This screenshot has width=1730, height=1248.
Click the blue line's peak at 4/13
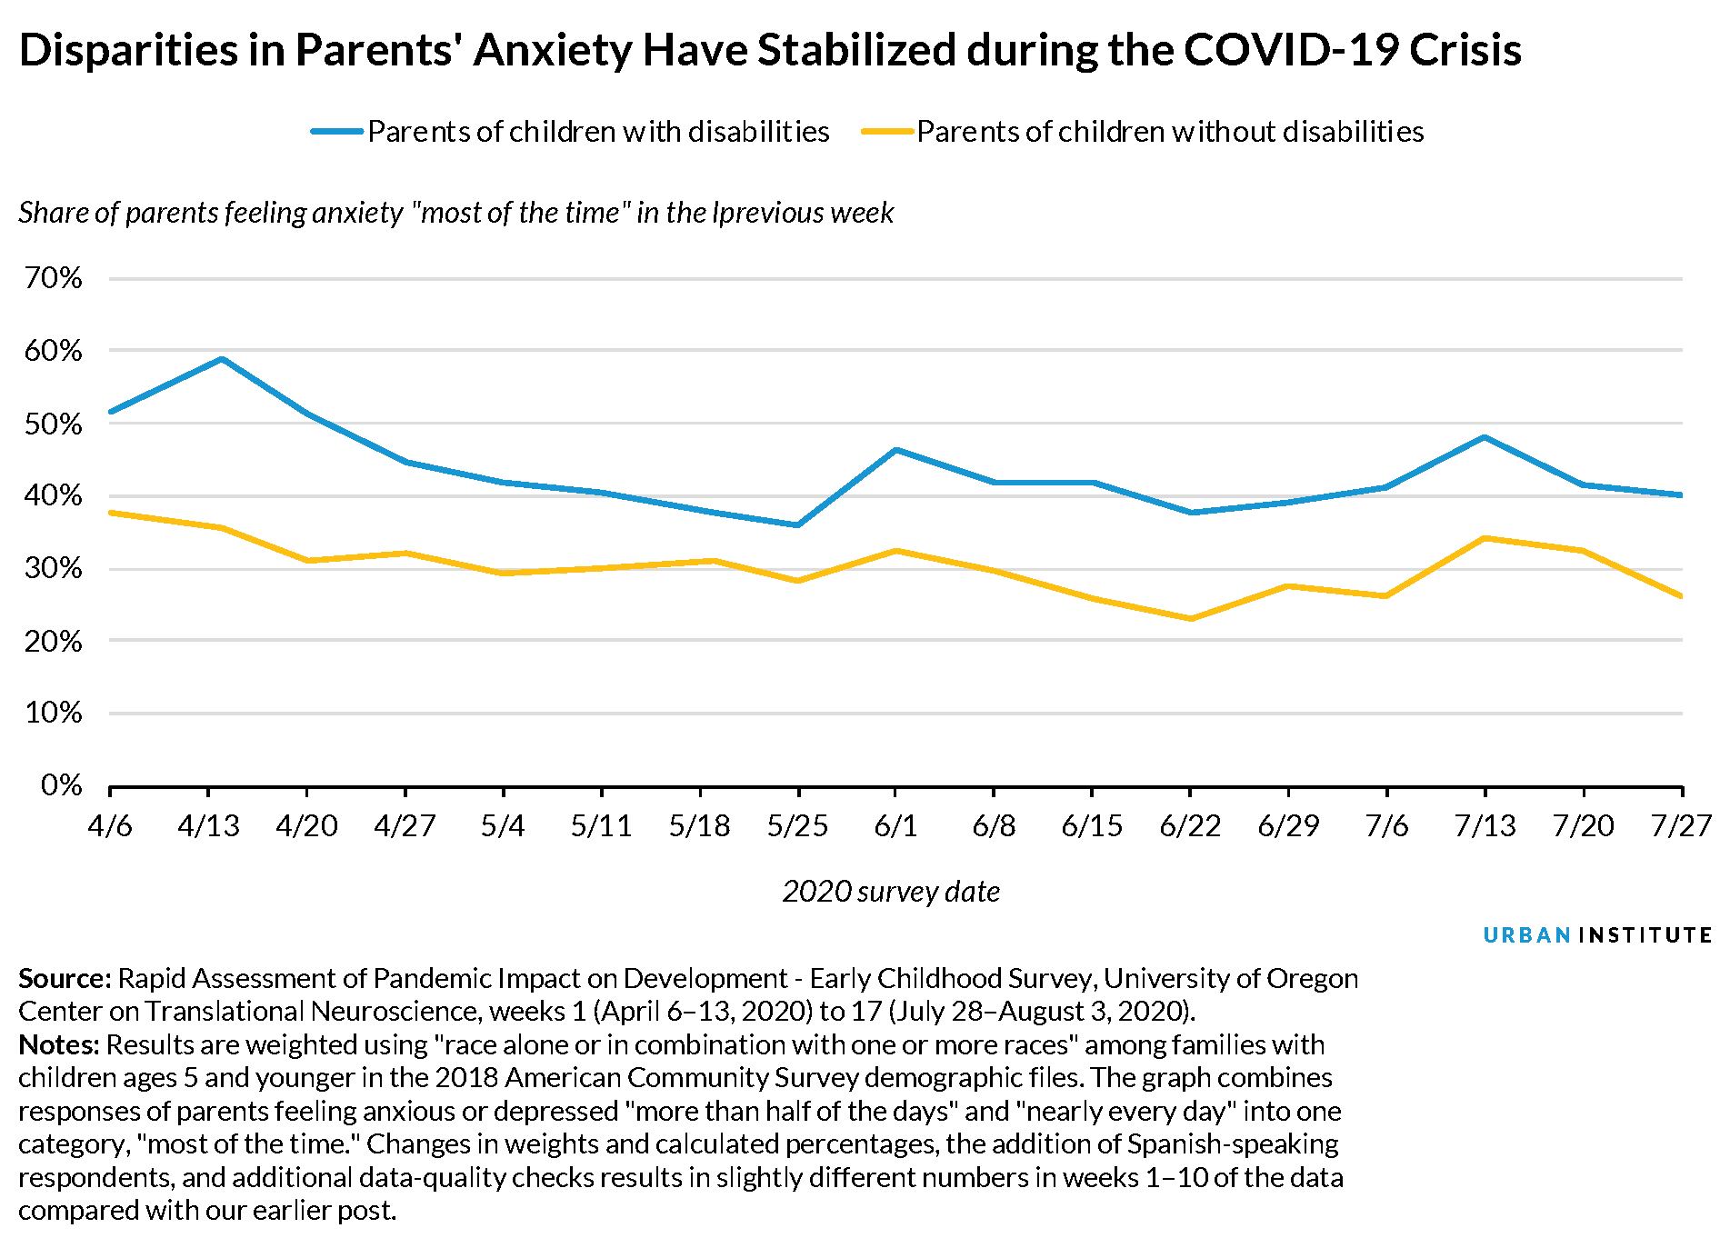(x=222, y=359)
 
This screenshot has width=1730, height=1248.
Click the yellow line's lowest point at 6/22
(x=1191, y=618)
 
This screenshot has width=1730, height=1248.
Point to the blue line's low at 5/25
(x=797, y=524)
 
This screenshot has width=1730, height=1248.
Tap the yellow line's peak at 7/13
(x=1485, y=538)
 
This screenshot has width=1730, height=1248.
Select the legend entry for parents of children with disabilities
(x=570, y=132)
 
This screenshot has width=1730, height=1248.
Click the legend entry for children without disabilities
(x=1143, y=132)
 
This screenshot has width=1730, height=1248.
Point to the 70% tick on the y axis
(x=54, y=278)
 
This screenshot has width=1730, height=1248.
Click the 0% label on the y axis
(x=61, y=785)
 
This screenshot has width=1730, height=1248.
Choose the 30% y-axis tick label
(x=54, y=569)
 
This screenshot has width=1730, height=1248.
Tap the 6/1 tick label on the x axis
(x=895, y=825)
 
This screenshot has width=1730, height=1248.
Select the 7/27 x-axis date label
(x=1680, y=825)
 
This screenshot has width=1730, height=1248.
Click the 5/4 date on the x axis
(x=503, y=825)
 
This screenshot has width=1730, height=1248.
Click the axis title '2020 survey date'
(x=891, y=891)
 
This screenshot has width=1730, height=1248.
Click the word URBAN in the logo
(x=1526, y=935)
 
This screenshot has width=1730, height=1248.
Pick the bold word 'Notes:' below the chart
(x=58, y=1044)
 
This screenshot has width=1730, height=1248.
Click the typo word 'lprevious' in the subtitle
(x=767, y=213)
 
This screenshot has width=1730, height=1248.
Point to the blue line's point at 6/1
(x=895, y=450)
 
